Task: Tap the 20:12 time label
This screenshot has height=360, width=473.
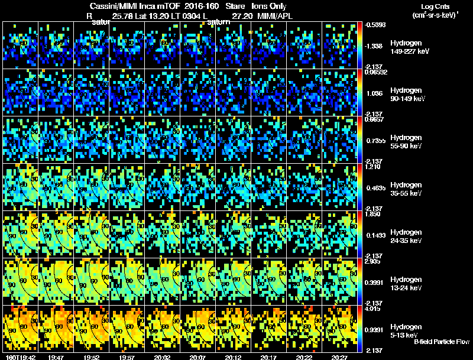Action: (x=232, y=357)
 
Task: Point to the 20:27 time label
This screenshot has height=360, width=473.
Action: (x=339, y=357)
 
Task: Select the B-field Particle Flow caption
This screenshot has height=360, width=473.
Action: (x=441, y=342)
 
